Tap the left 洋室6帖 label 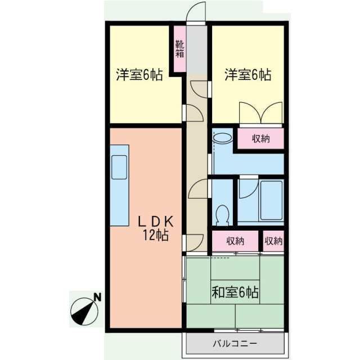click(139, 75)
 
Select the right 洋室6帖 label click(248, 75)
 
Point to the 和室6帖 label click(235, 292)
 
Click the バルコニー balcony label click(235, 343)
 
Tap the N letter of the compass click(97, 296)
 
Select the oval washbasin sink click(222, 137)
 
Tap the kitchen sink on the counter click(119, 166)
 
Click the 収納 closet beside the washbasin click(260, 138)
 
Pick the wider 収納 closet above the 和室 click(235, 241)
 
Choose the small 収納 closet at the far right click(273, 241)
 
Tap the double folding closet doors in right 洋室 click(260, 112)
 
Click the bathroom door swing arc click(247, 188)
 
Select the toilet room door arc click(199, 190)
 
